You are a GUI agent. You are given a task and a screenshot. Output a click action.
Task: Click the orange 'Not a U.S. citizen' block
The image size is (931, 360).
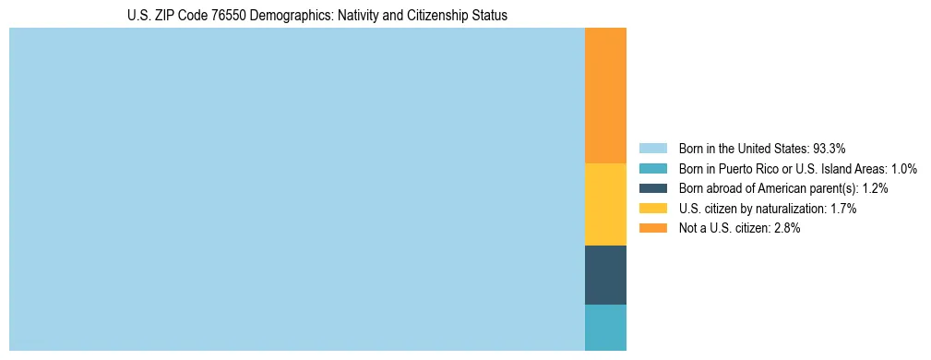click(x=605, y=95)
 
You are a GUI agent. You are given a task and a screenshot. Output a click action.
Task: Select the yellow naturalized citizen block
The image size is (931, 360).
click(x=605, y=204)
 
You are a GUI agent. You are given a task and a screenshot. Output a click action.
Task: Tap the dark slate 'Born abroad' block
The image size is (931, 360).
click(x=605, y=274)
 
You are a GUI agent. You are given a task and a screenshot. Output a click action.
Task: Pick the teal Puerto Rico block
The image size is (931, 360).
click(x=605, y=327)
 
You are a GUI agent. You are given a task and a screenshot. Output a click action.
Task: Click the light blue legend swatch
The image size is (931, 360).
click(x=652, y=149)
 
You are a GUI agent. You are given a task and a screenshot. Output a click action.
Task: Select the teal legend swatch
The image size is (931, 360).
click(x=652, y=169)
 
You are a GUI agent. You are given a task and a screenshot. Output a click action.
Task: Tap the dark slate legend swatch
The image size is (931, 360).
click(x=652, y=188)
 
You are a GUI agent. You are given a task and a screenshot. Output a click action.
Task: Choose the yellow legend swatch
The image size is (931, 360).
click(x=652, y=209)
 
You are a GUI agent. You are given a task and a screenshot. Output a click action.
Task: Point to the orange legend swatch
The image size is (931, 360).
click(x=652, y=229)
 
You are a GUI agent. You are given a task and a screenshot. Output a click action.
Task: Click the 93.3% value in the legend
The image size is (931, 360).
click(x=830, y=149)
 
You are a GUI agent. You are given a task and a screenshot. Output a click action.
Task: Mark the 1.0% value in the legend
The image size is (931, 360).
click(x=901, y=169)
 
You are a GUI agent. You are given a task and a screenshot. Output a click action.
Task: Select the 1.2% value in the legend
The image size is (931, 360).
click(x=872, y=188)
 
